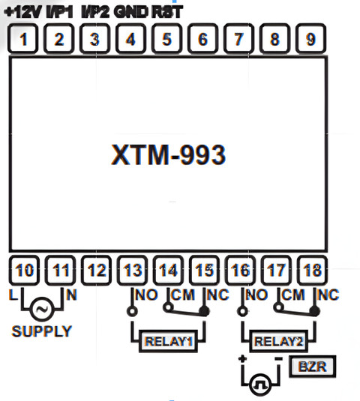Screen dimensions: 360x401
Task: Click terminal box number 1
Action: pos(23,39)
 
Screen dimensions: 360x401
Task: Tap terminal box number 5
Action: pos(167,39)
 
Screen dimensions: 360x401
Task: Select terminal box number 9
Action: pos(310,39)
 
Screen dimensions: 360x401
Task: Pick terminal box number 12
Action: pos(97,270)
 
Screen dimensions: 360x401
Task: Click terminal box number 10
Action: pos(24,270)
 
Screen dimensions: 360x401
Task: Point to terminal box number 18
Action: pos(313,270)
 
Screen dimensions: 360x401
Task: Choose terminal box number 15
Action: pos(205,270)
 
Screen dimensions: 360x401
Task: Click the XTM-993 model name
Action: pos(168,154)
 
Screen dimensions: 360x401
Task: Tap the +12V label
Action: pos(23,12)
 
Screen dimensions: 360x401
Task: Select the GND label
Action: pos(131,12)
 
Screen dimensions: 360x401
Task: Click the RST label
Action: pos(167,12)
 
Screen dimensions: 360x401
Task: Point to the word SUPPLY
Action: pos(42,331)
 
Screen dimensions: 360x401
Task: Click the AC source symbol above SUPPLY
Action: pos(42,310)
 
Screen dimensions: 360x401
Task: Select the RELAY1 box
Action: pos(168,341)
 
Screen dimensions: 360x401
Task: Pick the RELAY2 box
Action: pos(279,341)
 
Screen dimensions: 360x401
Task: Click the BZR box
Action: pos(313,367)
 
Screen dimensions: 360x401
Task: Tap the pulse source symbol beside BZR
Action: pos(261,385)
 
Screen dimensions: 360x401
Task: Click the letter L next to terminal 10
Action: pos(13,295)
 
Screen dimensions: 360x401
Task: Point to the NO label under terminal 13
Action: pos(146,295)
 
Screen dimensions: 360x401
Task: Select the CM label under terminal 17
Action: pos(293,295)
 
